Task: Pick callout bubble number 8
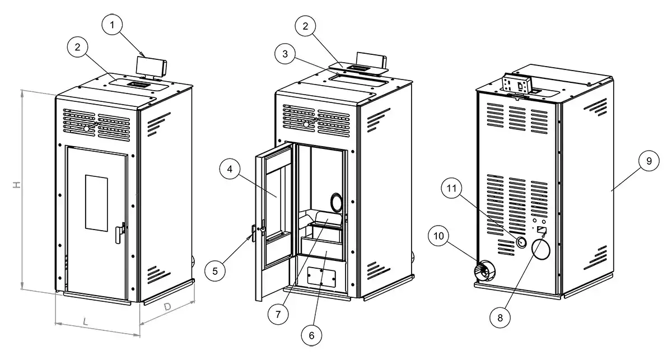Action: tap(501, 317)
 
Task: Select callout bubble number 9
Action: tap(648, 161)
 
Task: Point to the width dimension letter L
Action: tap(85, 321)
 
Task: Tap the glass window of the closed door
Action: tap(95, 202)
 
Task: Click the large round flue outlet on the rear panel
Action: tap(542, 249)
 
